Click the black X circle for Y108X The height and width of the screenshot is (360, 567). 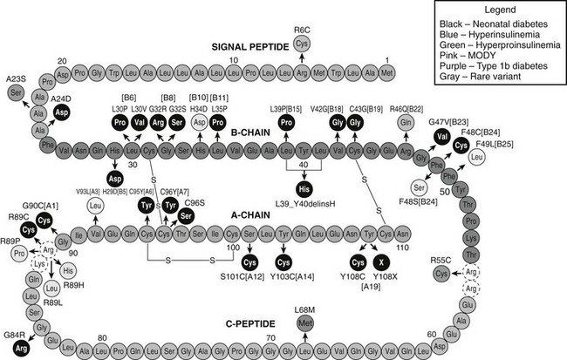pos(379,262)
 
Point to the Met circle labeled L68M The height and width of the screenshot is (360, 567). pos(304,324)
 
